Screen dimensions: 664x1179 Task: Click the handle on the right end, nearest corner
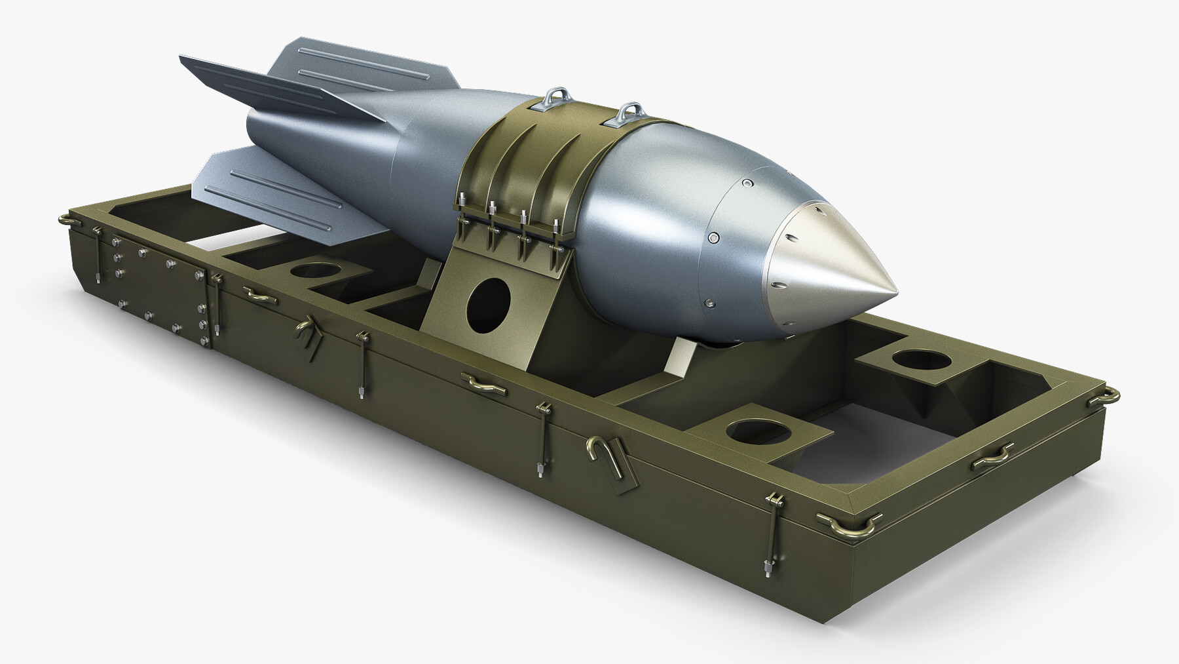[x=993, y=458]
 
